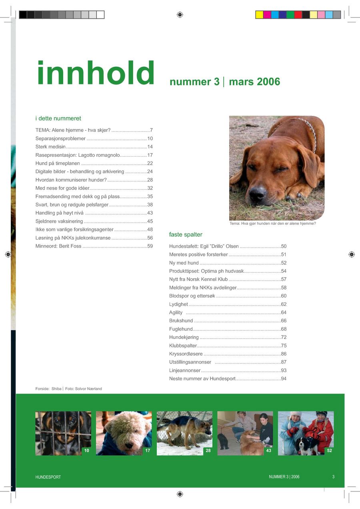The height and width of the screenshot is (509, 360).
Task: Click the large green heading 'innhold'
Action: click(x=96, y=74)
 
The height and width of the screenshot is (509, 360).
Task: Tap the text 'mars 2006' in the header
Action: click(x=254, y=82)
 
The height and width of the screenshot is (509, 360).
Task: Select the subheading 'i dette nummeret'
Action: click(x=58, y=118)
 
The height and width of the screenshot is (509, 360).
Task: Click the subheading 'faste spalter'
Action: click(x=186, y=235)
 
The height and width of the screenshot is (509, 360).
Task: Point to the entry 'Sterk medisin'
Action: click(x=50, y=147)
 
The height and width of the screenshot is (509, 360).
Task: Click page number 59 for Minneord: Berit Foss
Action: click(x=150, y=246)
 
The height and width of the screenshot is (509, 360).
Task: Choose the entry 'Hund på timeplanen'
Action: click(x=58, y=164)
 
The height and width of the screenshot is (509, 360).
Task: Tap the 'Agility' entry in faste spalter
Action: click(x=176, y=313)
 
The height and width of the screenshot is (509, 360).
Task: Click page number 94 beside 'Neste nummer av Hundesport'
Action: click(x=284, y=379)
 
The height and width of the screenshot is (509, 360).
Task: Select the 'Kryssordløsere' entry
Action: click(x=186, y=354)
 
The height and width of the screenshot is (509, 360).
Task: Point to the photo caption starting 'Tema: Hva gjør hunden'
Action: click(x=272, y=224)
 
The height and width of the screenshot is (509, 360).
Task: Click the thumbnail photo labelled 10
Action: click(x=63, y=433)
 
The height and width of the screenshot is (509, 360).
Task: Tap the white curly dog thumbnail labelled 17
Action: click(x=124, y=433)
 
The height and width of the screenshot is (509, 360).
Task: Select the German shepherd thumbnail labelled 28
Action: click(x=184, y=433)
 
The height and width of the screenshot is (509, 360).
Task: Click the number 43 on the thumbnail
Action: click(x=268, y=451)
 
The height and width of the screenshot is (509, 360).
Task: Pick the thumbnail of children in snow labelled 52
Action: click(x=306, y=433)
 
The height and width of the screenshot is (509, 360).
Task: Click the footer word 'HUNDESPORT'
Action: click(x=48, y=477)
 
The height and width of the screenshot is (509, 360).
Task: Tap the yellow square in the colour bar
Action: click(x=259, y=15)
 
